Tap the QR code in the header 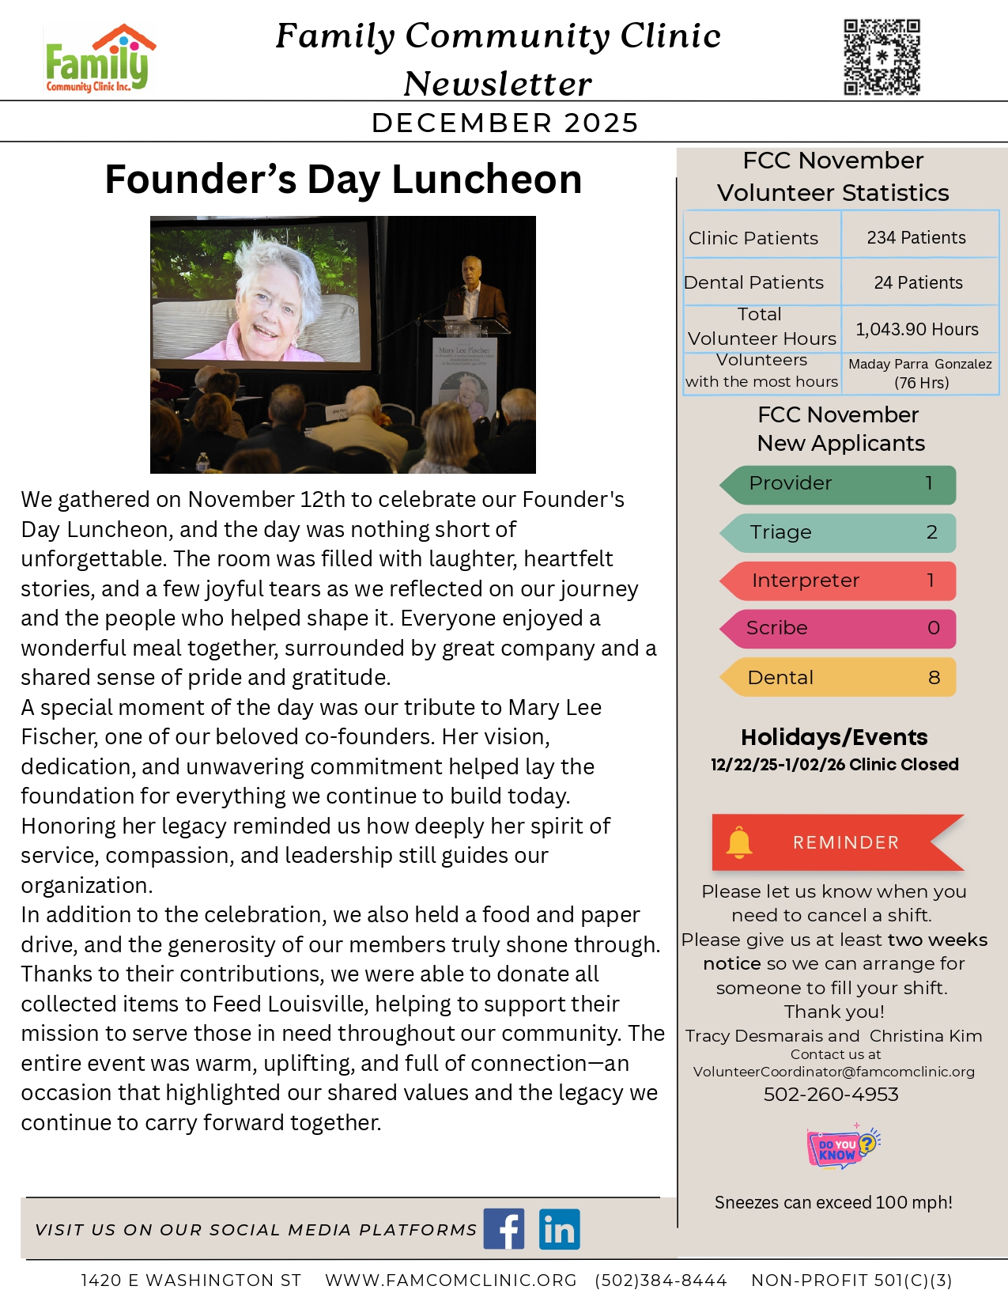tap(882, 58)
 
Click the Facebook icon tap(504, 1229)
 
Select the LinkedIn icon tap(560, 1229)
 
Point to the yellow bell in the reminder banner tap(739, 842)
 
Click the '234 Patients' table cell tap(916, 237)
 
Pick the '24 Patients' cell tap(918, 282)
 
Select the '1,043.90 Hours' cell tap(917, 329)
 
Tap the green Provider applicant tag tap(838, 484)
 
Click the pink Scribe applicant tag tap(838, 628)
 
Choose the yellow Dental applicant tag tap(838, 677)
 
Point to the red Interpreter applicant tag tap(838, 581)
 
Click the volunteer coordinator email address tap(834, 1072)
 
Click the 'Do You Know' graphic tap(842, 1147)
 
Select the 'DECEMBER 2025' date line tap(504, 123)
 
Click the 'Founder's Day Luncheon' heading tap(343, 180)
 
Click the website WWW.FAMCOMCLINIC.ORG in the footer tap(451, 1280)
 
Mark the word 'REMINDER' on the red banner tap(846, 842)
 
